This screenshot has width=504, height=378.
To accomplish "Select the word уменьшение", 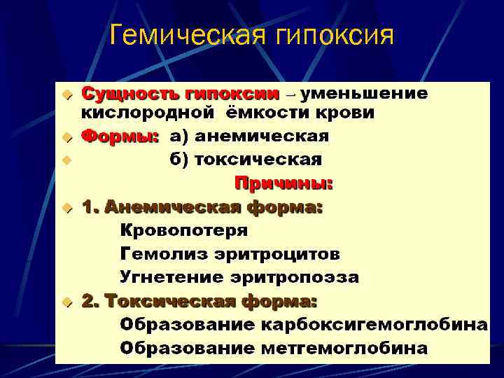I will tap(365, 93).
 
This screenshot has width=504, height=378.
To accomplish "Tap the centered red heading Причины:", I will tap(283, 183).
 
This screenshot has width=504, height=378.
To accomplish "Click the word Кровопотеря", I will tap(184, 230).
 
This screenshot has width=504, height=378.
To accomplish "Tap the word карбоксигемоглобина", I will tap(374, 325).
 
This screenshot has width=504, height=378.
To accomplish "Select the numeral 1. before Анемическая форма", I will tap(89, 206).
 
